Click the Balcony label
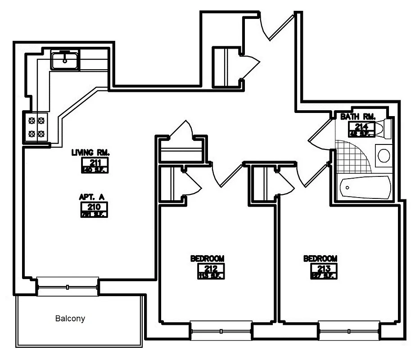pos(70,319)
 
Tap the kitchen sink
pos(66,60)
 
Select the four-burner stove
pos(36,127)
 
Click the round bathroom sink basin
pos(384,156)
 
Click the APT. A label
pos(91,197)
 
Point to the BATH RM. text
pos(358,117)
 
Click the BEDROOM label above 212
pos(207,259)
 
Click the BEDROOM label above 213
pos(320,259)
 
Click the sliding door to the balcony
pos(68,287)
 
